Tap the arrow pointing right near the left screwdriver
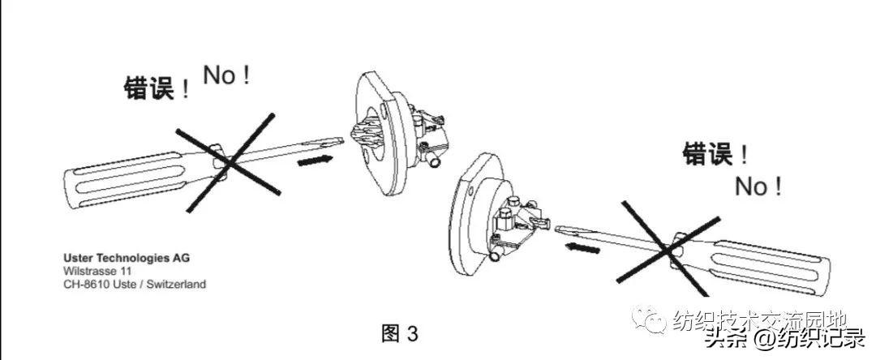(x=314, y=161)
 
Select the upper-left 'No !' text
(x=226, y=76)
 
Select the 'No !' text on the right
(x=758, y=187)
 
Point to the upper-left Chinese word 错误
(x=149, y=87)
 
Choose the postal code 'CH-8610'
(x=84, y=284)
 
